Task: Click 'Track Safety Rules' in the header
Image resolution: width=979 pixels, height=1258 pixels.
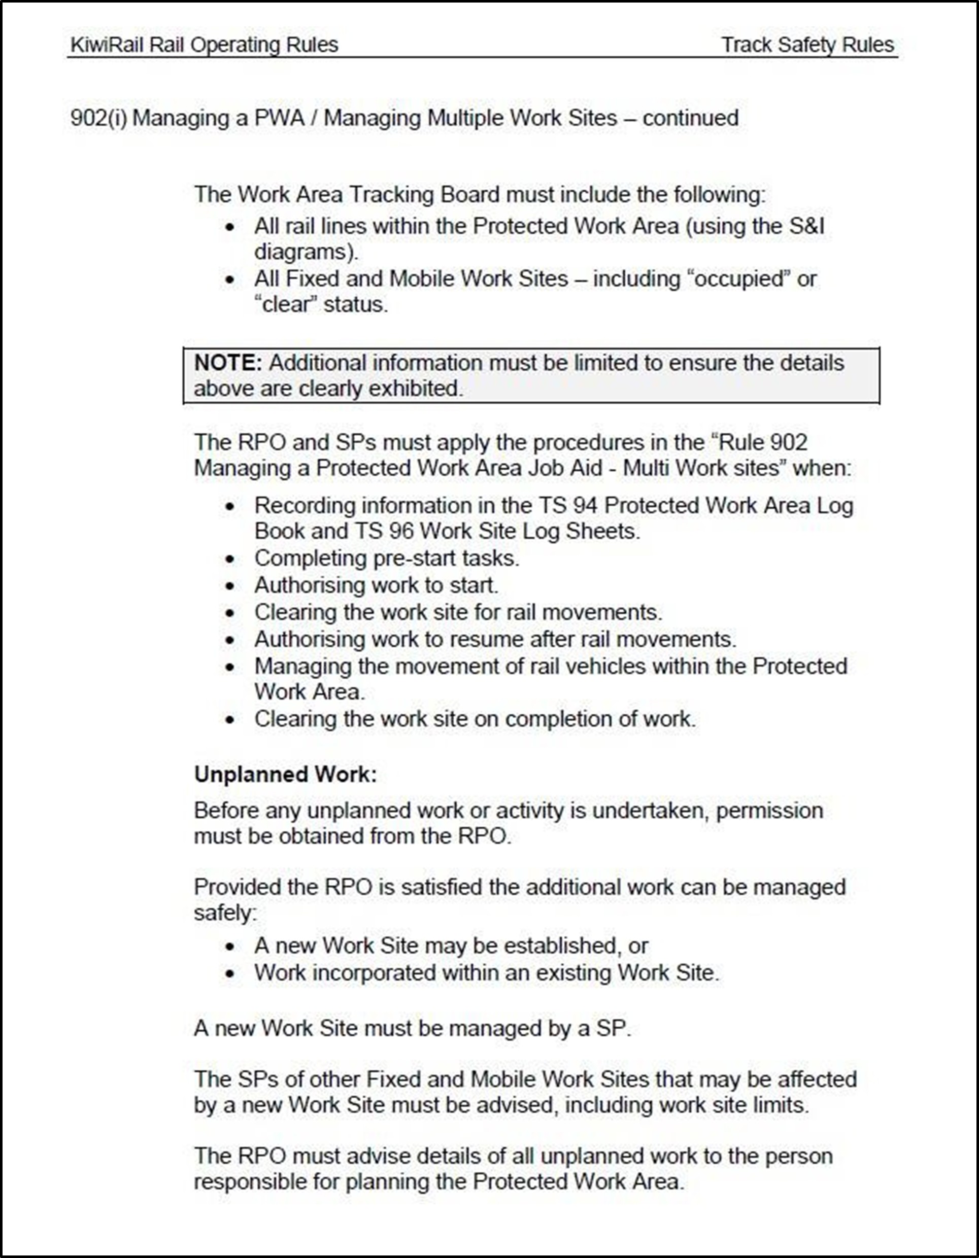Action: pyautogui.click(x=807, y=45)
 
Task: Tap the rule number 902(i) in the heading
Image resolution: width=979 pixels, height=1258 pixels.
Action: pyautogui.click(x=98, y=118)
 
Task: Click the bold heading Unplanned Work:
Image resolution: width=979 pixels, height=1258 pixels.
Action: pyautogui.click(x=285, y=774)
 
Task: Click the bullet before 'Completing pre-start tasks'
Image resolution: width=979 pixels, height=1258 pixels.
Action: pyautogui.click(x=230, y=558)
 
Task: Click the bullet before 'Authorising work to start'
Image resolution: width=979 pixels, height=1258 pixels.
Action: pyautogui.click(x=230, y=586)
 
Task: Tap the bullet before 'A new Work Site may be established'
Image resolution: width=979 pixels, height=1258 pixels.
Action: pyautogui.click(x=230, y=947)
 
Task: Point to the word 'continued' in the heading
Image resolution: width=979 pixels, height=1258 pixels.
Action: pyautogui.click(x=690, y=118)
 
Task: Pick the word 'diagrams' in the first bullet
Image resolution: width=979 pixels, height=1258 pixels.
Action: pyautogui.click(x=304, y=252)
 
